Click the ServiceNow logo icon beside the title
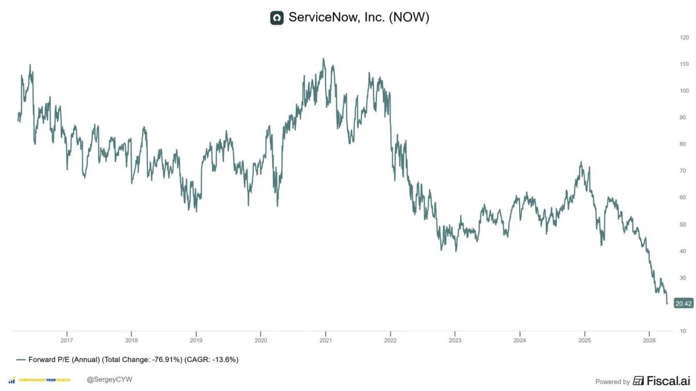coord(277,18)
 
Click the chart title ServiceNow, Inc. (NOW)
coord(358,18)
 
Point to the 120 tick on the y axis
coord(684,37)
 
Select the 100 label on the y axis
coord(684,91)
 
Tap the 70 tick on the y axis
coord(684,171)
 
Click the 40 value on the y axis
coord(684,251)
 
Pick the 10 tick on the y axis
coord(684,331)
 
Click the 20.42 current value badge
coord(684,304)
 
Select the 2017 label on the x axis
coord(67,341)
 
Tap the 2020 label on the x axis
coord(261,341)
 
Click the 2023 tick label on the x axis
coord(455,341)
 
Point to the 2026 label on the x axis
coord(650,341)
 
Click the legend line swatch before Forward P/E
coord(21,360)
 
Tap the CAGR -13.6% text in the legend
coord(212,360)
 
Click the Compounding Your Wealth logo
coord(41,380)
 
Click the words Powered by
coord(612,382)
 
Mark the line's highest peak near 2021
coord(324,59)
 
